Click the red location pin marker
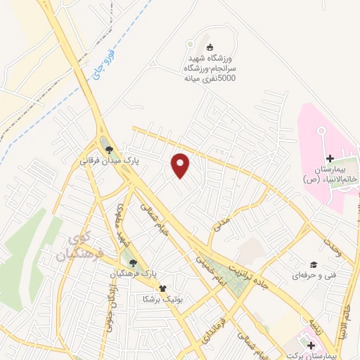(181, 165)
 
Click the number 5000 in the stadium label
(226, 79)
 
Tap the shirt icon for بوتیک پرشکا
(162, 287)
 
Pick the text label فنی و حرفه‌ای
(305, 276)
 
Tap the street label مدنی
(222, 225)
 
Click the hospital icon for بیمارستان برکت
(311, 345)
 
